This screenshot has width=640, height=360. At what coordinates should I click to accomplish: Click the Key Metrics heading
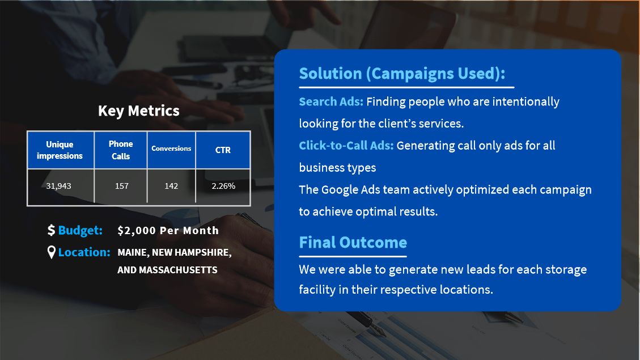139,111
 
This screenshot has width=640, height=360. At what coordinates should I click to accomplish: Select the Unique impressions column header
60,150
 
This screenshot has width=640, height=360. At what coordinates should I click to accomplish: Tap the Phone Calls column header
121,150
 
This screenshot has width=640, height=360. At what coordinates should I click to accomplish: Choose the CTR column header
223,150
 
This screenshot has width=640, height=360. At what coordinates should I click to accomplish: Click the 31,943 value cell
58,186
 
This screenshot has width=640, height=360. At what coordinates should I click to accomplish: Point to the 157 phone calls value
122,186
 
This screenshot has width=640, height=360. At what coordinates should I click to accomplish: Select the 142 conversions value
171,186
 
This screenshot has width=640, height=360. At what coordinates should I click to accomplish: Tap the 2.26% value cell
223,186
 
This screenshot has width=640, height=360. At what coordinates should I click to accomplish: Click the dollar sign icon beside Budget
51,230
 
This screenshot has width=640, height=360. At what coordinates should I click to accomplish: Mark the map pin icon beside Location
52,252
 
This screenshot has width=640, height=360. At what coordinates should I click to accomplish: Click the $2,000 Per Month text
168,231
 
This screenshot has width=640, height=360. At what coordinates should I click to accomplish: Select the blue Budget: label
80,230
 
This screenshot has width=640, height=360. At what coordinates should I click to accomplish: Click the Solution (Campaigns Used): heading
402,74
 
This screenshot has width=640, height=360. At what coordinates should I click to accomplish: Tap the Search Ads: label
331,101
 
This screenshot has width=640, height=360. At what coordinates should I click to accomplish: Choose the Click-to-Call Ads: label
346,146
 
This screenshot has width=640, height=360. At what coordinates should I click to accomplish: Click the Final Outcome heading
353,243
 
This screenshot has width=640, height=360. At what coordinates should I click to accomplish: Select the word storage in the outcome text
565,270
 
